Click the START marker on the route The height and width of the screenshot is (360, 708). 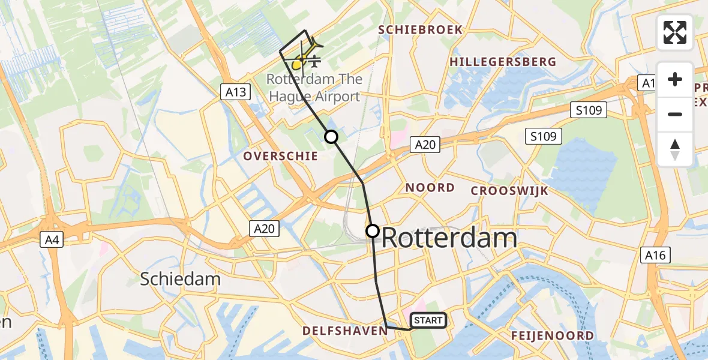tap(428, 320)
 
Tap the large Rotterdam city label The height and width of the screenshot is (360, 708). tap(449, 238)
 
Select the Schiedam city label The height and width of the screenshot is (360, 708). tap(180, 278)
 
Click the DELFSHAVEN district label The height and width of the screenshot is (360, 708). tap(344, 331)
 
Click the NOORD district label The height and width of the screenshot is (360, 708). tap(430, 188)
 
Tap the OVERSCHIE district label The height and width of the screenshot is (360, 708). tap(280, 156)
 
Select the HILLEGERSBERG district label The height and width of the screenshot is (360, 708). tap(503, 62)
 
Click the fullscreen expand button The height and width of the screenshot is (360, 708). tap(675, 32)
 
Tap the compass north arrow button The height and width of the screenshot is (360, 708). tap(675, 148)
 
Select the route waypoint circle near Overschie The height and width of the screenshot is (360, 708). tap(331, 137)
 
